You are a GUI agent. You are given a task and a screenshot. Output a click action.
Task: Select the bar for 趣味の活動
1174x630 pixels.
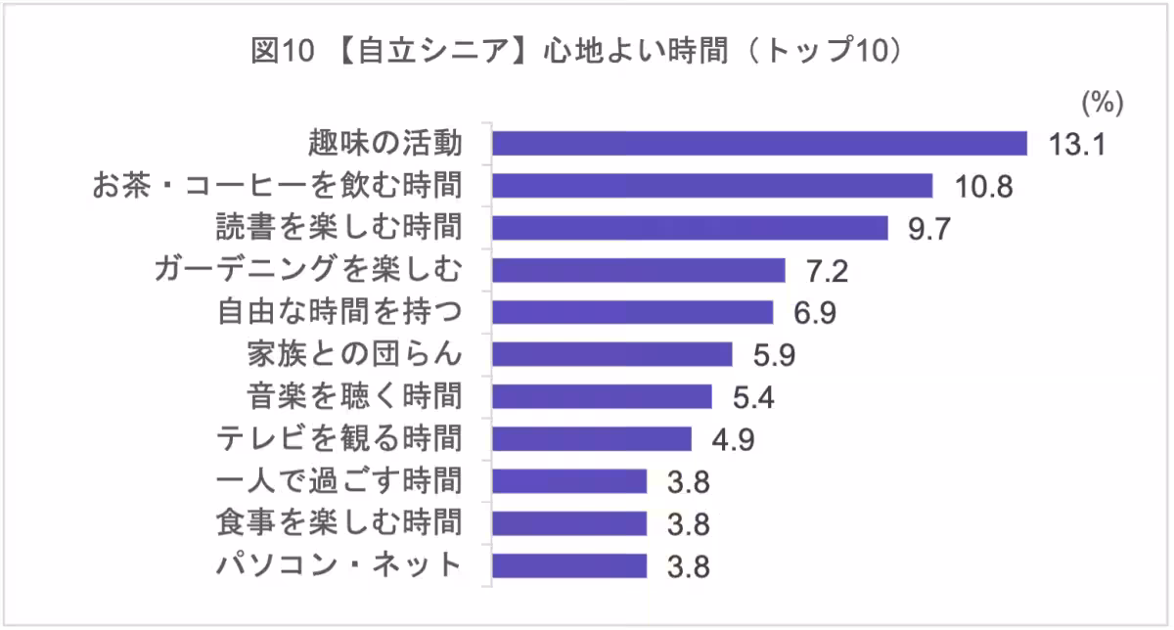click(759, 144)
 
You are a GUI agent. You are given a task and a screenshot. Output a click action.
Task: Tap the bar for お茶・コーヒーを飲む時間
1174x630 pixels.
click(712, 186)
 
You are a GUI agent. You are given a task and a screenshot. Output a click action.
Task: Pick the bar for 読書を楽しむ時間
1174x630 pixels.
click(690, 228)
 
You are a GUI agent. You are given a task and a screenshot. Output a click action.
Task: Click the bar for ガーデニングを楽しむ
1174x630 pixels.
click(638, 270)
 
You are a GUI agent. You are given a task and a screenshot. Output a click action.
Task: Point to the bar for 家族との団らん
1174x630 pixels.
click(611, 354)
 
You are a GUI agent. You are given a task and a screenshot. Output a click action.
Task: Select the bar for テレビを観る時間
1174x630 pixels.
click(591, 438)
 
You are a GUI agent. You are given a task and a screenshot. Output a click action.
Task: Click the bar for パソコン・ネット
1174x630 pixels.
click(569, 565)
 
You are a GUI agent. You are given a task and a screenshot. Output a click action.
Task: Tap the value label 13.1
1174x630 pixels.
click(1076, 145)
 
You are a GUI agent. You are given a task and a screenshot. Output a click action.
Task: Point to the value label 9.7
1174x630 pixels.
click(929, 229)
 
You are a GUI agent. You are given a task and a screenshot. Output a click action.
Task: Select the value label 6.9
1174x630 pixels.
click(815, 313)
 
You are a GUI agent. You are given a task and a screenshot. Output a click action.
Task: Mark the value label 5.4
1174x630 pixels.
click(753, 397)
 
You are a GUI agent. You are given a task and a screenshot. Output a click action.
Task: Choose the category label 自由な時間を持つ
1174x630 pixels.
click(339, 312)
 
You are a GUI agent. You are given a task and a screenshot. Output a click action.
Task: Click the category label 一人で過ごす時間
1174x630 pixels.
click(339, 480)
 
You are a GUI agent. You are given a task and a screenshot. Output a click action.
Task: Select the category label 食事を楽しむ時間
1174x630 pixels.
click(339, 522)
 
